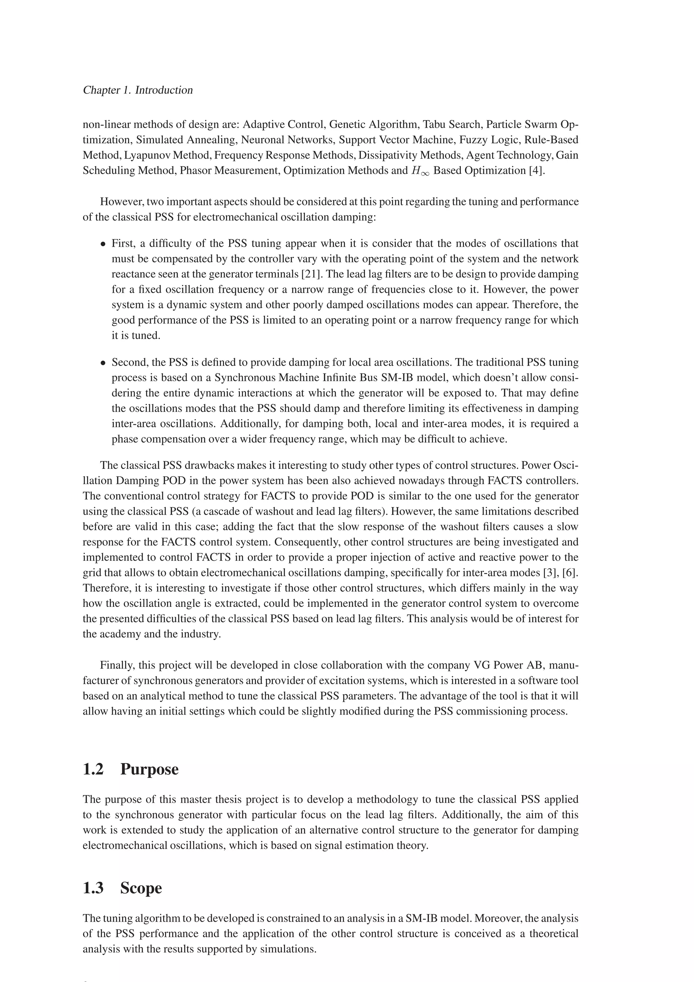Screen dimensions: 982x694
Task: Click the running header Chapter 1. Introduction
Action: [137, 90]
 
